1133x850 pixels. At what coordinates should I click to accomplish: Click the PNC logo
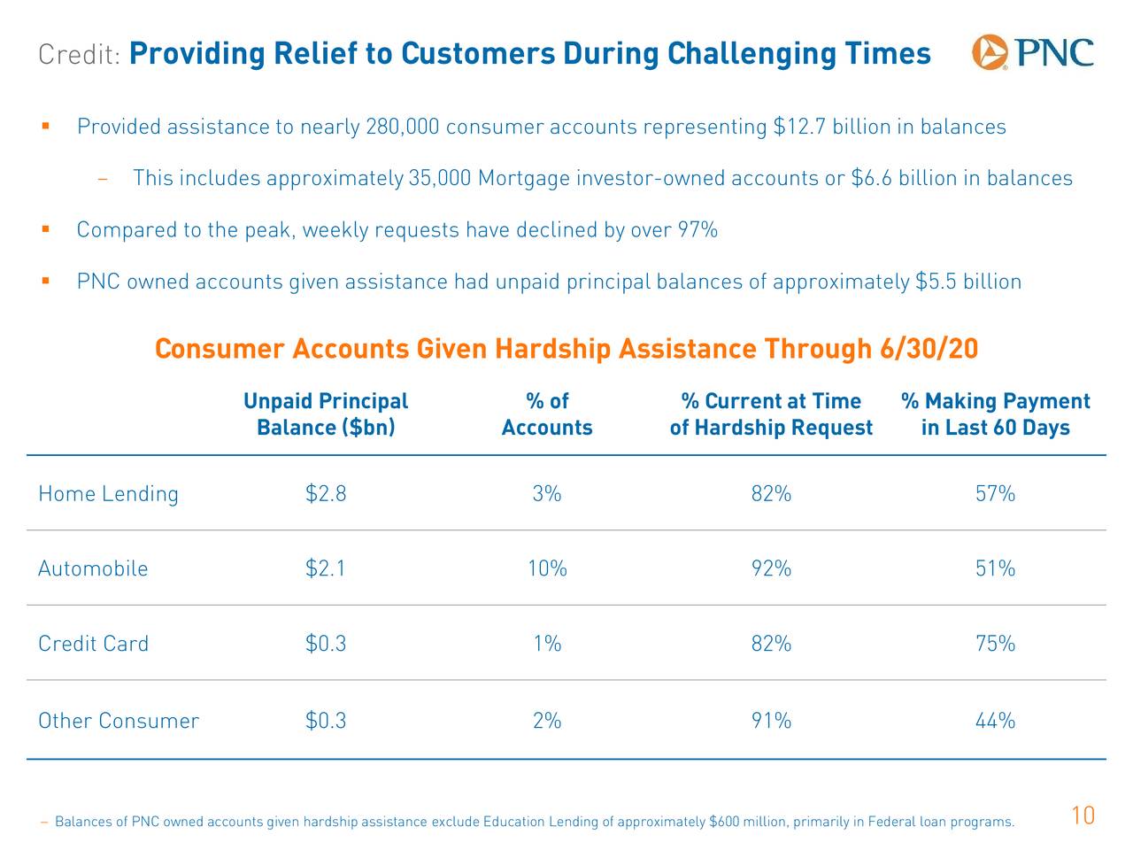pyautogui.click(x=1032, y=52)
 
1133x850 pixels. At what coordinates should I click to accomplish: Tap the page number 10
pyautogui.click(x=1083, y=815)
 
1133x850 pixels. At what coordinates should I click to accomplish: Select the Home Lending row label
pyautogui.click(x=108, y=494)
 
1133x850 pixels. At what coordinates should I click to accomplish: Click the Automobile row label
pyautogui.click(x=93, y=568)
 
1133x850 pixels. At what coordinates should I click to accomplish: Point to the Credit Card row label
pyautogui.click(x=93, y=644)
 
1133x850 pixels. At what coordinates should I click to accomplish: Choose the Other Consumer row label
pyautogui.click(x=119, y=721)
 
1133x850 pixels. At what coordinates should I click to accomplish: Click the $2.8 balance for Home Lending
pyautogui.click(x=326, y=494)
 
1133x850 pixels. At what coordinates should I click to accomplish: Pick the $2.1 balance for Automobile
pyautogui.click(x=326, y=568)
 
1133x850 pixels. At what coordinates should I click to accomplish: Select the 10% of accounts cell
pyautogui.click(x=547, y=568)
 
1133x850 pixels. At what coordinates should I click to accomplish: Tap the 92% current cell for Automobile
pyautogui.click(x=771, y=568)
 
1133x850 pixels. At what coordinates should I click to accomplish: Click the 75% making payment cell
pyautogui.click(x=995, y=644)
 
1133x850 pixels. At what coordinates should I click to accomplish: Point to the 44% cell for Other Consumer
pyautogui.click(x=995, y=721)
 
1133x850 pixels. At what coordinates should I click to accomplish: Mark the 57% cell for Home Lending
pyautogui.click(x=995, y=494)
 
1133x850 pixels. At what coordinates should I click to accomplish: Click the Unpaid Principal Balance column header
pyautogui.click(x=326, y=414)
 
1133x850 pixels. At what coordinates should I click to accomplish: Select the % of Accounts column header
pyautogui.click(x=547, y=414)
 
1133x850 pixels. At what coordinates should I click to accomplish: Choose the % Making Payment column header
pyautogui.click(x=995, y=414)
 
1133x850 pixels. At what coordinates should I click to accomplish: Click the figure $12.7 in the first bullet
pyautogui.click(x=800, y=127)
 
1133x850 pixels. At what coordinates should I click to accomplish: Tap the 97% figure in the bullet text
pyautogui.click(x=698, y=230)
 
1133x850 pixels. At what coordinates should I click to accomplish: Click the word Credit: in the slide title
pyautogui.click(x=80, y=55)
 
